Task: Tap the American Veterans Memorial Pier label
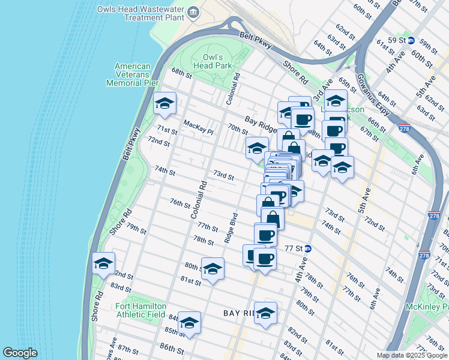(x=132, y=74)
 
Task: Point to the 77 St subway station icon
(x=307, y=248)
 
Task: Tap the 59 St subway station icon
(x=411, y=40)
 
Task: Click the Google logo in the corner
(x=20, y=353)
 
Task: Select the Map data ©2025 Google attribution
(x=411, y=355)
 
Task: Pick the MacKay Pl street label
(x=198, y=125)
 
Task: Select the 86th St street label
(x=172, y=348)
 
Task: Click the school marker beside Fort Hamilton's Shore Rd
(x=103, y=263)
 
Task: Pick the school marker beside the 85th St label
(x=189, y=323)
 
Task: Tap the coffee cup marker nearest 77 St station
(x=265, y=259)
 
